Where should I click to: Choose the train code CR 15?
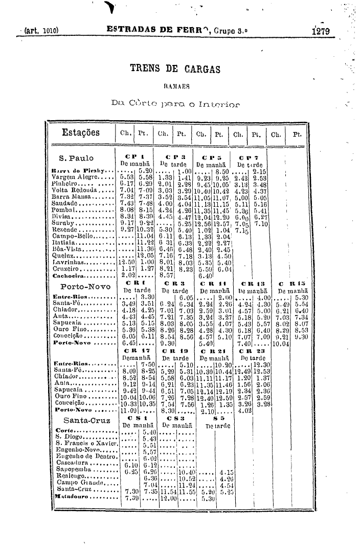pos(290,284)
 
